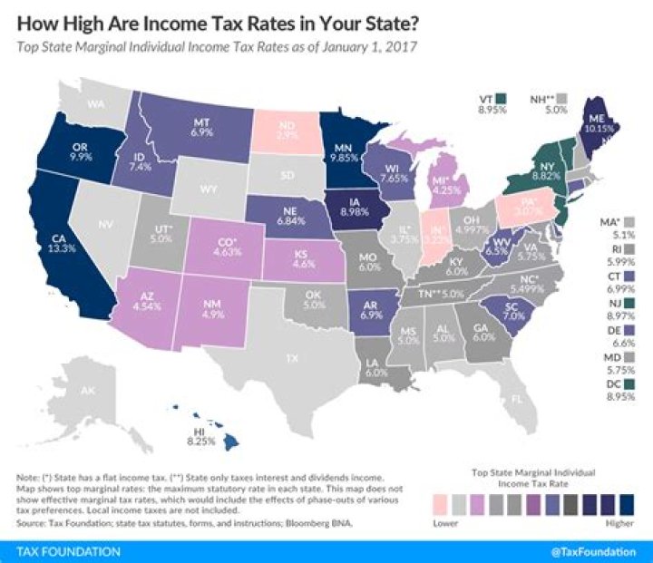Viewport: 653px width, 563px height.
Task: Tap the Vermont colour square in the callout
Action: [x=502, y=98]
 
